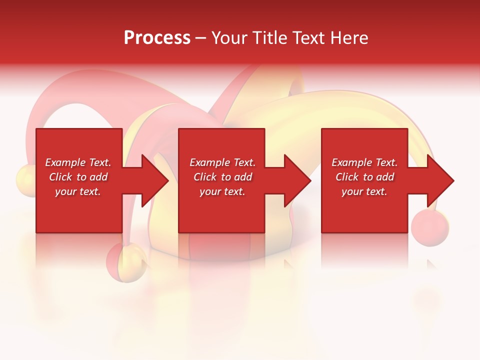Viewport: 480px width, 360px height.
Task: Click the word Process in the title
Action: coord(157,38)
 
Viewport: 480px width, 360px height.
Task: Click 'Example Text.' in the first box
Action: coord(78,162)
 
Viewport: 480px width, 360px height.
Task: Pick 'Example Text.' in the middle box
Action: coord(222,162)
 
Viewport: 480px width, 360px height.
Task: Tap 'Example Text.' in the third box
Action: coord(364,162)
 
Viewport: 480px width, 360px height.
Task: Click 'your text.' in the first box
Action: coord(78,191)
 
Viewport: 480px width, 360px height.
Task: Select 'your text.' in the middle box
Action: coord(222,191)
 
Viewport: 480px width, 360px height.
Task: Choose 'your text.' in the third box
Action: coord(364,191)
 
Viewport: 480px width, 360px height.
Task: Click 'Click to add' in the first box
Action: coord(78,177)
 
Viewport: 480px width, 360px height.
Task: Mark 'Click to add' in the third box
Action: coord(364,177)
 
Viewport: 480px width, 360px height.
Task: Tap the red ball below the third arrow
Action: coord(429,228)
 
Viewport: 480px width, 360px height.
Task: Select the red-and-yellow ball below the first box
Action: coord(126,261)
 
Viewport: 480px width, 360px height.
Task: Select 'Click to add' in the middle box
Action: coord(222,177)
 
